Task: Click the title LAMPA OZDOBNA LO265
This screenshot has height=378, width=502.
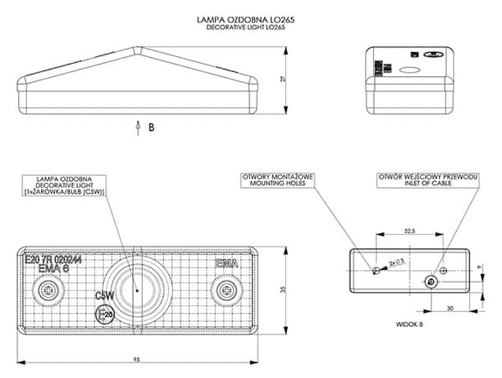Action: pyautogui.click(x=246, y=20)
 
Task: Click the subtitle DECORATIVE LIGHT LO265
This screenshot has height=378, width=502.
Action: pyautogui.click(x=246, y=28)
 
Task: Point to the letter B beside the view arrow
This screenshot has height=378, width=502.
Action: pyautogui.click(x=151, y=127)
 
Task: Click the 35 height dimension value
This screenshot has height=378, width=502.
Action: pyautogui.click(x=283, y=289)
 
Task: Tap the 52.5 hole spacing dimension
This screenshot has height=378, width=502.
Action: pyautogui.click(x=409, y=231)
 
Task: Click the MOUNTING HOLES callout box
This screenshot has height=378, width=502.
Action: pyautogui.click(x=277, y=181)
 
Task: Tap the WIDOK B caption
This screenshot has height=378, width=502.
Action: pyautogui.click(x=410, y=325)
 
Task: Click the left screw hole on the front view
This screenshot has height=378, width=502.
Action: pyautogui.click(x=48, y=290)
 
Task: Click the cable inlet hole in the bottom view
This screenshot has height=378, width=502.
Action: pyautogui.click(x=431, y=281)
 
